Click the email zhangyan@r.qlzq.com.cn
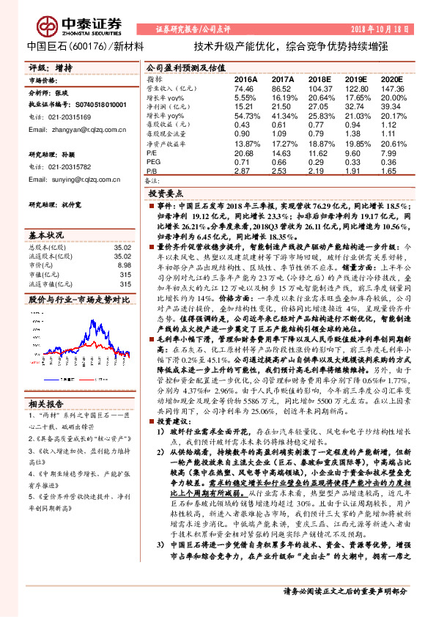74,130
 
